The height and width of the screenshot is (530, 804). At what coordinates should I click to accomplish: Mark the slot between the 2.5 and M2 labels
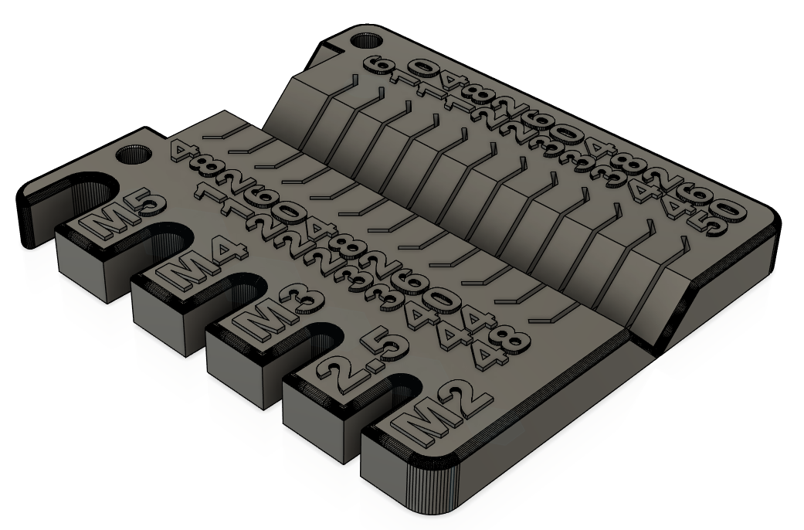[x=394, y=386]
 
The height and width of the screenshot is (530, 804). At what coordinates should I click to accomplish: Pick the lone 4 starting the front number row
[x=180, y=150]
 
